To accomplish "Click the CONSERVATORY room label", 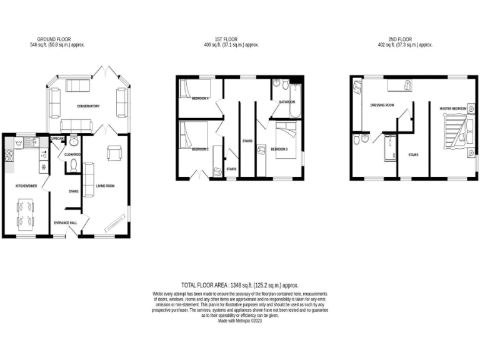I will pos(88,106).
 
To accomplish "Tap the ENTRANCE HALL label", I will pos(65,222).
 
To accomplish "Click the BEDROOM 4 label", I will pos(200,98).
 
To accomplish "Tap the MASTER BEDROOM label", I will pos(453,109).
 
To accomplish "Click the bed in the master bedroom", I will pos(456,134).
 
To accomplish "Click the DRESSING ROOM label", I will pos(382,105).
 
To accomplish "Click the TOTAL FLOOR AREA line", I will pos(240,284).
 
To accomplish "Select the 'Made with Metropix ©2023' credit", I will pos(240,321).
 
